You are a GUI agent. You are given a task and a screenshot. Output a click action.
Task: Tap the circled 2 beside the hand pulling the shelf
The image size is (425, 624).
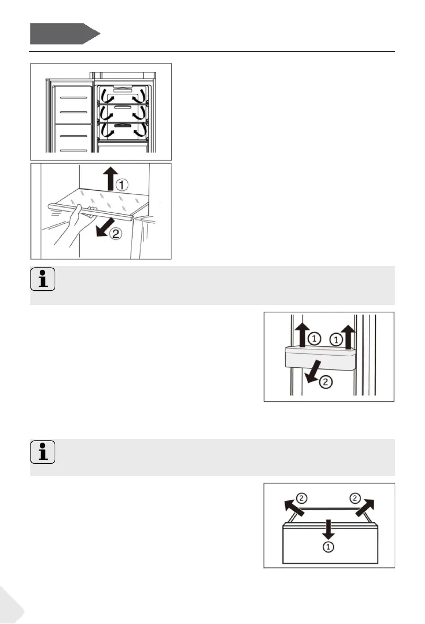click(x=116, y=235)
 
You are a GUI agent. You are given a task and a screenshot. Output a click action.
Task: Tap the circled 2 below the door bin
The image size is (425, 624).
click(x=325, y=383)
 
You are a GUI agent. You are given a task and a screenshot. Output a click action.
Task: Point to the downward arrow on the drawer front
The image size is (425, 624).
click(x=329, y=529)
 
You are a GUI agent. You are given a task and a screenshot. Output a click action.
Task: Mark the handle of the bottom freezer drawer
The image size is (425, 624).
click(x=123, y=126)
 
